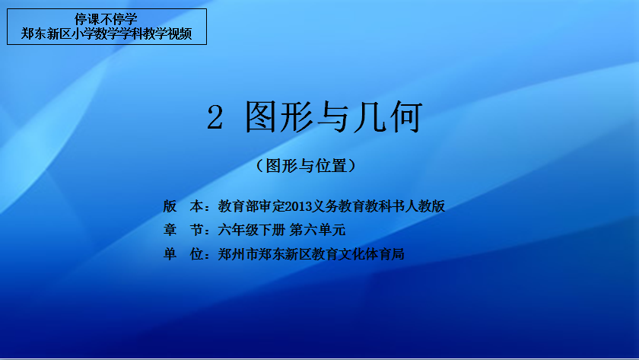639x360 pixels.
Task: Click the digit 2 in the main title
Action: pos(215,117)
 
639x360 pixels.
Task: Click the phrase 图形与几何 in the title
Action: pos(333,117)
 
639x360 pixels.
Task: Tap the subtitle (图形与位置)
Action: pos(306,166)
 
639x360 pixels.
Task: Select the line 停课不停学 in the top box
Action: pos(106,19)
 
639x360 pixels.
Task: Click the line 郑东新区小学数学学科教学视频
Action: pos(106,33)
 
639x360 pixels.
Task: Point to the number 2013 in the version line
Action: pos(298,206)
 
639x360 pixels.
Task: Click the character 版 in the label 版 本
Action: pos(170,206)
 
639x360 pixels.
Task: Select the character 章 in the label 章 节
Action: pos(170,230)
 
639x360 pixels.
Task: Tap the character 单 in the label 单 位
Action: pos(170,254)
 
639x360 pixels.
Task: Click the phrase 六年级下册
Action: pos(252,230)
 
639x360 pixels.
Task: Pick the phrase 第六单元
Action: pos(317,230)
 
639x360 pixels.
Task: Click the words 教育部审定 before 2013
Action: pos(252,206)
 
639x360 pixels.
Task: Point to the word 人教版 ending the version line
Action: pos(424,206)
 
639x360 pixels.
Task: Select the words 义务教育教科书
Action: pos(358,206)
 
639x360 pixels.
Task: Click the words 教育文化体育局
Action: pos(358,254)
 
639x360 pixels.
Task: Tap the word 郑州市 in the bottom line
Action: pos(238,254)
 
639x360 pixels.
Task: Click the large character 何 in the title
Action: pos(406,117)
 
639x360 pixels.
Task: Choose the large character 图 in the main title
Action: pos(261,117)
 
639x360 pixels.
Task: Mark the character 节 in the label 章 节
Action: pos(196,230)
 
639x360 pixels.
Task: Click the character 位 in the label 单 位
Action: pos(196,254)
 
